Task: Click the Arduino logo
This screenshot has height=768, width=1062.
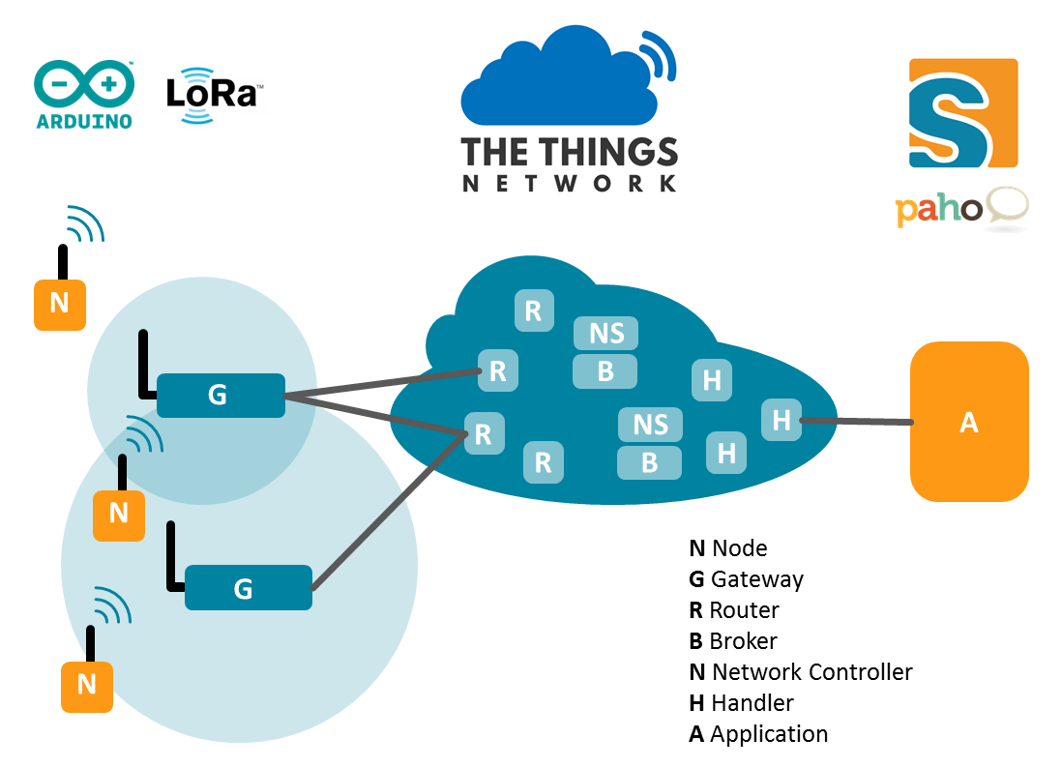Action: tap(84, 95)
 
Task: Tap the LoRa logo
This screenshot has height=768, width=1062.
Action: tap(210, 95)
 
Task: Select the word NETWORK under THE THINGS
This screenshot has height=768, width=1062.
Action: tap(569, 183)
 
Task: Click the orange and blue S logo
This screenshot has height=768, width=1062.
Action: tap(962, 113)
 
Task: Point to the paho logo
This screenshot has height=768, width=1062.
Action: tap(960, 209)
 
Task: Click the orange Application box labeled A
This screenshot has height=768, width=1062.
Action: tap(968, 422)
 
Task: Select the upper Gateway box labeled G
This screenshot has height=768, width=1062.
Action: tap(221, 395)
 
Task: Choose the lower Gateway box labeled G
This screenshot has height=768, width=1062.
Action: tap(248, 588)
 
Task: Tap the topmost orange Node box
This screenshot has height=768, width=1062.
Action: tap(59, 304)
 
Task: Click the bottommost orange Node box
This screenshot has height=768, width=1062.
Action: tap(87, 685)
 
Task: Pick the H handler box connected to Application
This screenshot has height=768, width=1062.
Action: tap(782, 420)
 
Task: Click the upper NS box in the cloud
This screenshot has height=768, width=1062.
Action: tap(606, 333)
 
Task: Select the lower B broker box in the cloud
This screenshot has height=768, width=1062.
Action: tap(649, 462)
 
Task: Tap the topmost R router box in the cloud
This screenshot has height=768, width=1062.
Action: tap(532, 310)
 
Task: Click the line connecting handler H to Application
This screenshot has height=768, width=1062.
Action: tap(857, 421)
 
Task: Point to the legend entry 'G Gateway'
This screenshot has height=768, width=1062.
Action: tap(746, 579)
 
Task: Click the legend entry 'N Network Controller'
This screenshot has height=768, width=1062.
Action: tap(800, 672)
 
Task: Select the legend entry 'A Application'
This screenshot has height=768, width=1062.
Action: tap(758, 734)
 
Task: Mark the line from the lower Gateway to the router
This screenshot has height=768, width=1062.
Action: tap(387, 512)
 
